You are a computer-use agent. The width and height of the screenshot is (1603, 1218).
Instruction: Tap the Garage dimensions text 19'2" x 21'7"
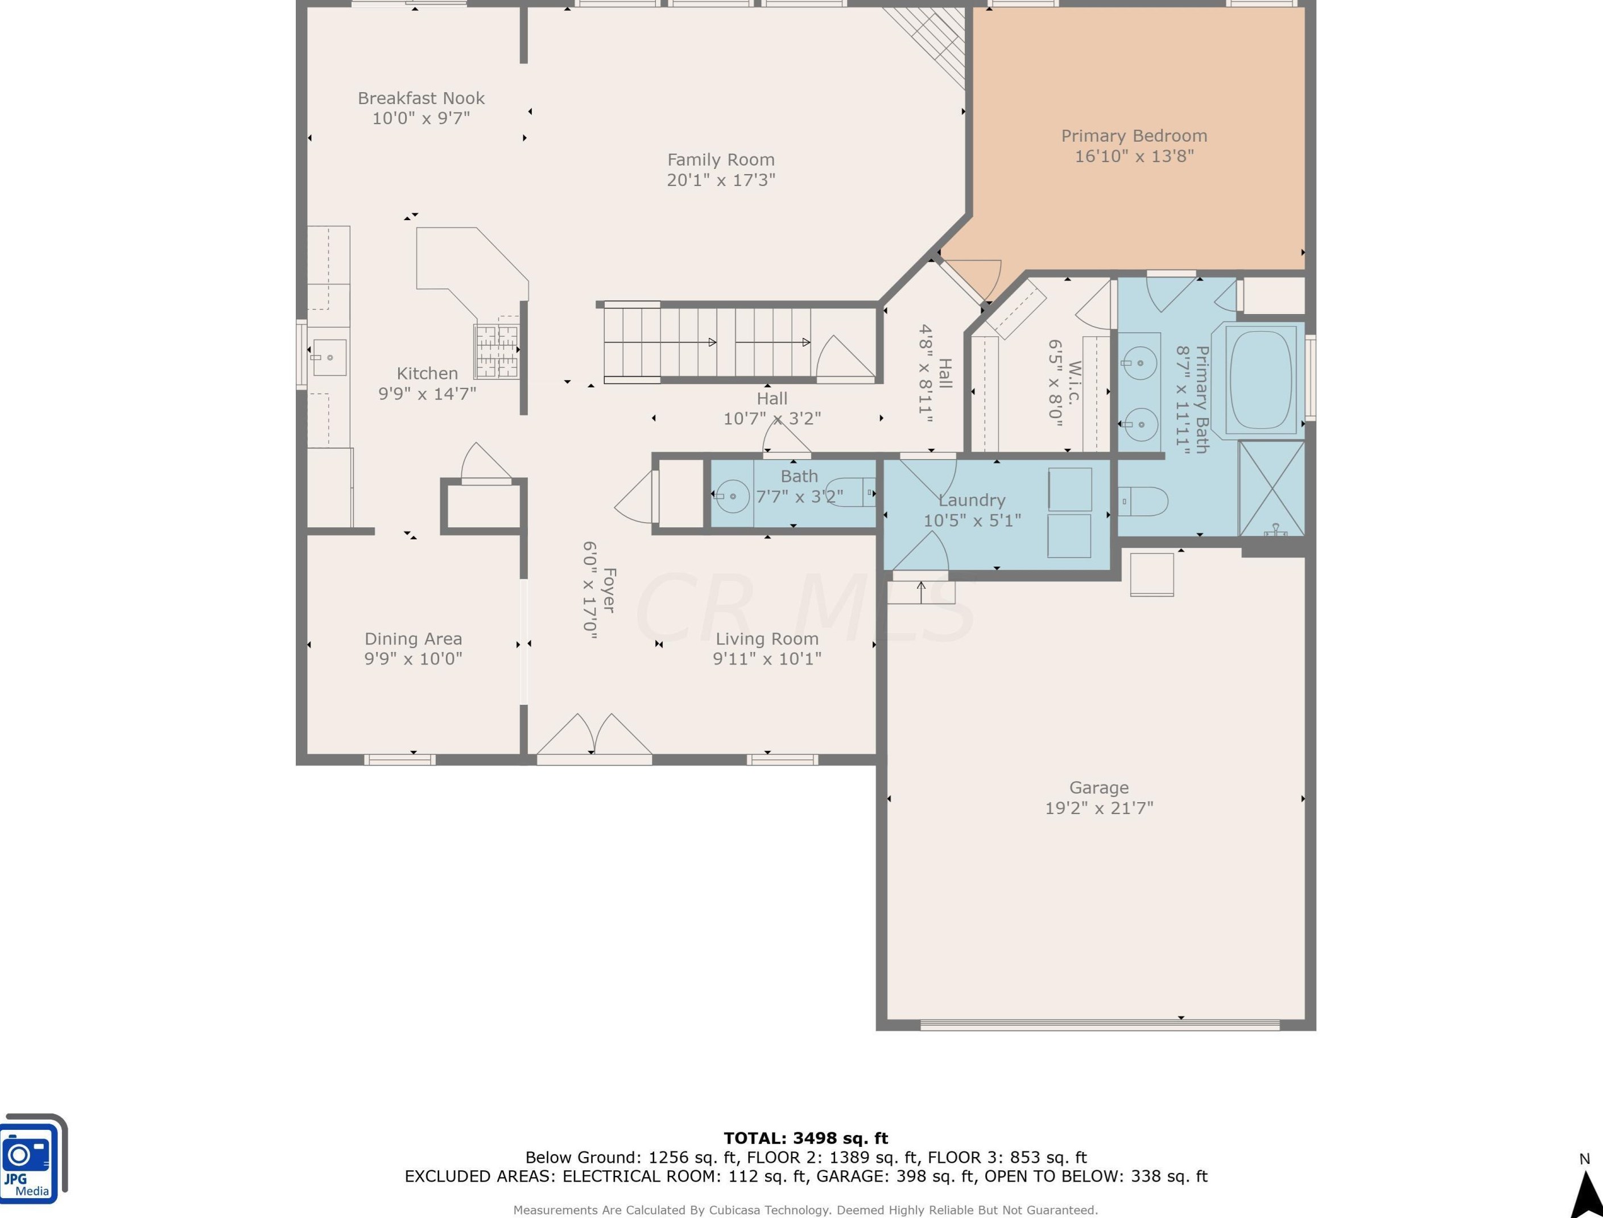click(x=1098, y=808)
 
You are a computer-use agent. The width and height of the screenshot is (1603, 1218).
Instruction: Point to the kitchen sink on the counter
click(x=329, y=357)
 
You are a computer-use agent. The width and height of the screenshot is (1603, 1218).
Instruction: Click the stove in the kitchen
click(x=497, y=352)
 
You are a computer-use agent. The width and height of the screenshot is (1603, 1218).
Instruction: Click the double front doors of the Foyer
click(x=594, y=736)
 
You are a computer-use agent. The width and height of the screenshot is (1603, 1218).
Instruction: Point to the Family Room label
click(x=721, y=159)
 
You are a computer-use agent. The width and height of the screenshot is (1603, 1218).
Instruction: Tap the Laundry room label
click(x=972, y=500)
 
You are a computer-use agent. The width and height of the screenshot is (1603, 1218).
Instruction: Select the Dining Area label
click(x=412, y=639)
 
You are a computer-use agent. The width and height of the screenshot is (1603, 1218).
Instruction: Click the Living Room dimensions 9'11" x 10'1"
click(x=766, y=658)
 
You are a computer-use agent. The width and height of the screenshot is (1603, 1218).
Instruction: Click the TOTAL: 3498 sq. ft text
click(x=805, y=1138)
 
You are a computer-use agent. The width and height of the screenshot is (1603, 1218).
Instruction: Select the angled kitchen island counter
click(x=471, y=269)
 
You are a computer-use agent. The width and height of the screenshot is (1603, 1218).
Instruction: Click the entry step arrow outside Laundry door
click(x=922, y=592)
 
